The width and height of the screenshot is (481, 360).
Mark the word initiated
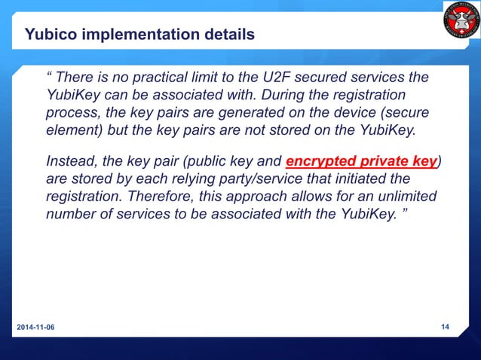click(367, 179)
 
